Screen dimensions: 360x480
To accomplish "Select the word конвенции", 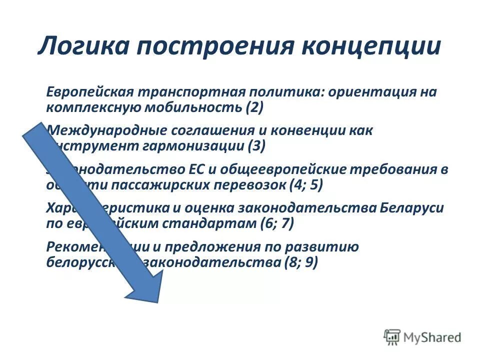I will [x=309, y=131].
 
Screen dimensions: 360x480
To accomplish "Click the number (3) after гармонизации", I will [x=256, y=146].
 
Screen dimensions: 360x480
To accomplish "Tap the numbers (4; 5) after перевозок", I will [x=305, y=184].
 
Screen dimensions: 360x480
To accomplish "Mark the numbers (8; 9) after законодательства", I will [x=300, y=262].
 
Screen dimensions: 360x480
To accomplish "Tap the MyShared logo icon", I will [x=392, y=336].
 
